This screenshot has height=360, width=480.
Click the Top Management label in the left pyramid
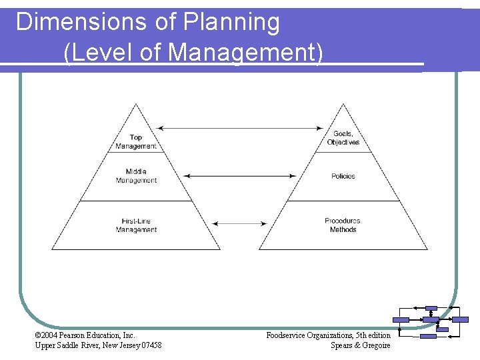[136, 142]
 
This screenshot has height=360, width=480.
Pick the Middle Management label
[136, 176]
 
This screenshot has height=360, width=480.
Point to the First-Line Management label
[136, 225]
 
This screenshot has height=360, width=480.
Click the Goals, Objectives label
[343, 138]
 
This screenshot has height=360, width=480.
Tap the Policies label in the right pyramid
[343, 176]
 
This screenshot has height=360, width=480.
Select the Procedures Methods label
[343, 225]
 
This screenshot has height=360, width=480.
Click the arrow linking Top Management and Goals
[239, 128]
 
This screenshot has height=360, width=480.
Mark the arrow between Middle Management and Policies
[239, 176]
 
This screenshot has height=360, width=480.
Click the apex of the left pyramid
[136, 105]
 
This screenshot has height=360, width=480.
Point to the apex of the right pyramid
[343, 105]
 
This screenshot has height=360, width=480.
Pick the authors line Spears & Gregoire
[361, 345]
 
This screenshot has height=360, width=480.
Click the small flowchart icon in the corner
[429, 323]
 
